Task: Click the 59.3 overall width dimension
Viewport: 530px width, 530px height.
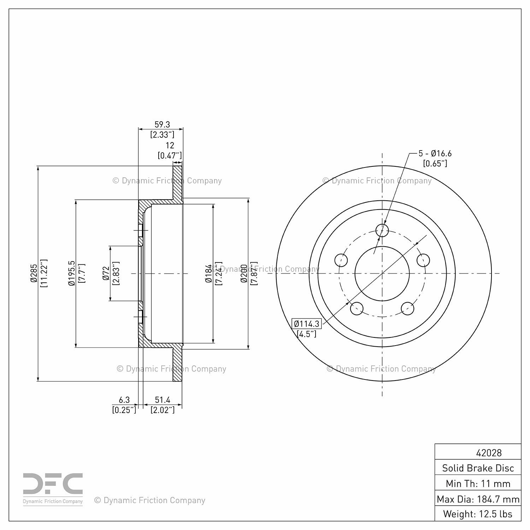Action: (162, 124)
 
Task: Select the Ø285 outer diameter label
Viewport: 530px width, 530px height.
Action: (34, 273)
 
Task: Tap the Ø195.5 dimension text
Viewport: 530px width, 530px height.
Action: (72, 273)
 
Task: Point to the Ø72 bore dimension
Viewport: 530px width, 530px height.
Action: (106, 273)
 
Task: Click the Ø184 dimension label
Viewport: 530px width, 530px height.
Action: (208, 273)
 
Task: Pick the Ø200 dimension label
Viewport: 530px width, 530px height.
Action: (244, 273)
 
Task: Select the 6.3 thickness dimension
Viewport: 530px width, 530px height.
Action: (124, 400)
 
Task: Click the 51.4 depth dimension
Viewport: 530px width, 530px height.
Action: (163, 400)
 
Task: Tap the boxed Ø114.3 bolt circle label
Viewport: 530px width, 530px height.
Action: (306, 324)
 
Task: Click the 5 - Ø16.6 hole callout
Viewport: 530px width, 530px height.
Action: (435, 153)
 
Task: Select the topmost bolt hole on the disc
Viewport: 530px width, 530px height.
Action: (382, 230)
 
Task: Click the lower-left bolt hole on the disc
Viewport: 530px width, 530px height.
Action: (357, 308)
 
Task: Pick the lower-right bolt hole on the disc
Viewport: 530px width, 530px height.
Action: (407, 308)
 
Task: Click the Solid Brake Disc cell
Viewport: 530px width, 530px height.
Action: (478, 468)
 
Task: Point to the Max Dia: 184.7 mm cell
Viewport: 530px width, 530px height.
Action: (478, 499)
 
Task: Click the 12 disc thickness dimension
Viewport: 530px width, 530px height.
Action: (170, 145)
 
